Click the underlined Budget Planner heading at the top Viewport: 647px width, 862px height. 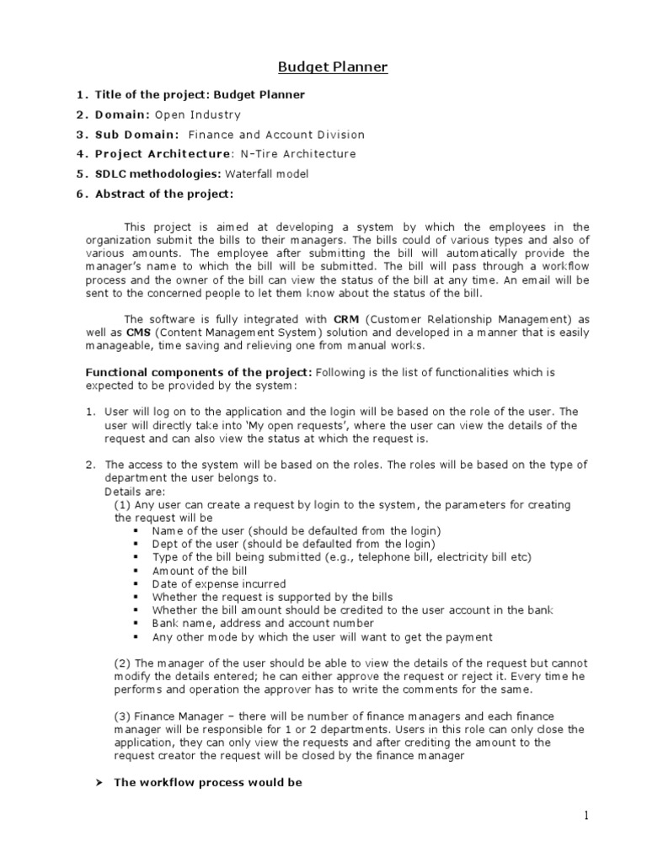pyautogui.click(x=334, y=67)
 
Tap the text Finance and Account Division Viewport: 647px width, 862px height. pyautogui.click(x=276, y=135)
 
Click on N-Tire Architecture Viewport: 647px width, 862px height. pyautogui.click(x=286, y=154)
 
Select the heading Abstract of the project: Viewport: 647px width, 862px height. pyautogui.click(x=163, y=194)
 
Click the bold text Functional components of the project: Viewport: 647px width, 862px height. pyautogui.click(x=200, y=372)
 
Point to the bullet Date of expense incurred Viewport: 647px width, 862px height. pyautogui.click(x=219, y=584)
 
